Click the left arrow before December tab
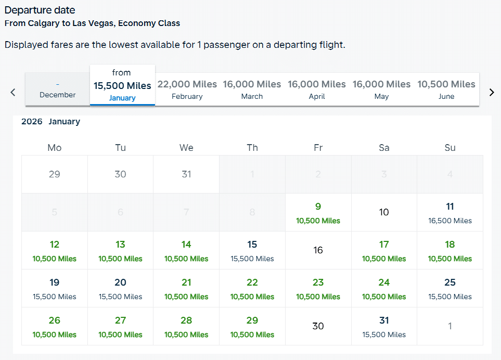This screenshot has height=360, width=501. click(13, 92)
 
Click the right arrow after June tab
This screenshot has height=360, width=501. click(491, 92)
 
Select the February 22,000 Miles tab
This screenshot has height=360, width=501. click(187, 89)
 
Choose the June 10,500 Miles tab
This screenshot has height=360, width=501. click(446, 89)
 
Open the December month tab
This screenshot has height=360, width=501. click(57, 89)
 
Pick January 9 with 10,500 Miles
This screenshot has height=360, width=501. click(318, 212)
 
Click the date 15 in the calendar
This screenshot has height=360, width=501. click(252, 250)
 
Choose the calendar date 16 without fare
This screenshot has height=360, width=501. click(318, 250)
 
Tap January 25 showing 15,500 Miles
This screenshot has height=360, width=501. click(450, 288)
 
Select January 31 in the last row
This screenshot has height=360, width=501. click(384, 326)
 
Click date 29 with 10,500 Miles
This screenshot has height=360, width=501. click(252, 326)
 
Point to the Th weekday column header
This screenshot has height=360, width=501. click(252, 148)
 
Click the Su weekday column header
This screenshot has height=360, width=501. click(450, 148)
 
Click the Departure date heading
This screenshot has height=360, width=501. click(40, 10)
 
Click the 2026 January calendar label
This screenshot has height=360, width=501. click(50, 122)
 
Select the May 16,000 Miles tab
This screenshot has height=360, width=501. click(381, 89)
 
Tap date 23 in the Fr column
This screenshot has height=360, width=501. click(318, 288)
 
